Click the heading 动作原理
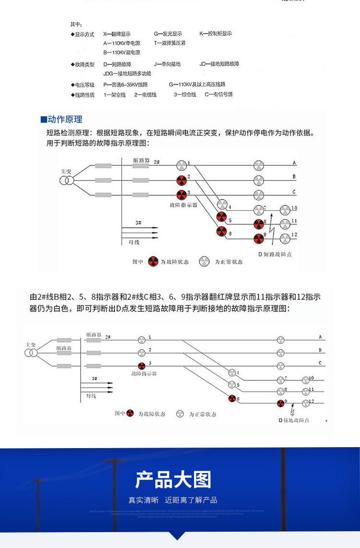[64, 120]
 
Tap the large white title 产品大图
[173, 479]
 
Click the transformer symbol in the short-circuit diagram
[67, 181]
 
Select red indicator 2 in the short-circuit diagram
[181, 181]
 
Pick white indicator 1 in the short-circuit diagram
[181, 165]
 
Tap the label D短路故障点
[275, 254]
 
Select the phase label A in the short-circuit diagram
[294, 163]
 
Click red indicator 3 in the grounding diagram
[142, 366]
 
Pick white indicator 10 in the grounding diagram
[306, 380]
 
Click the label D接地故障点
[294, 420]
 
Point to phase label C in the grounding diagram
[320, 363]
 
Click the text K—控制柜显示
[216, 34]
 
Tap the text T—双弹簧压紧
[169, 43]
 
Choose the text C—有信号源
[218, 95]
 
